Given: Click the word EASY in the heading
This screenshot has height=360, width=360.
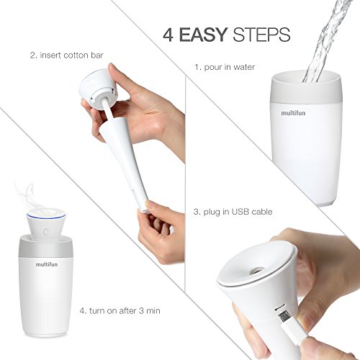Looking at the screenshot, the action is coord(203,35).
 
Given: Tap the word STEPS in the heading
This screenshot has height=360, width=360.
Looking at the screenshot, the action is coord(261,35).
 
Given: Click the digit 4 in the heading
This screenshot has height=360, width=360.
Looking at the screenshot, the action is coord(168,35).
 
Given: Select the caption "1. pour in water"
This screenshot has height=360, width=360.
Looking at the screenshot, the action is coord(225,67).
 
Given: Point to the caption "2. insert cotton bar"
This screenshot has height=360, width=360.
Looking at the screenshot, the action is coord(67,55).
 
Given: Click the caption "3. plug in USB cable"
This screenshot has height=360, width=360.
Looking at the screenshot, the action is coord(233,212).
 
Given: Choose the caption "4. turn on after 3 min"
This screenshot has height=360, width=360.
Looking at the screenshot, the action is coord(120,311).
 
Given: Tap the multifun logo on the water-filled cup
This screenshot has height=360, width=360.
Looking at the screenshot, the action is coord(293,113).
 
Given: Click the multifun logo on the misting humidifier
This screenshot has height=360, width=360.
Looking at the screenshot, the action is coord(47,264).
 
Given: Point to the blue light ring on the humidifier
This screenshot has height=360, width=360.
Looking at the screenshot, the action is coord(42,217).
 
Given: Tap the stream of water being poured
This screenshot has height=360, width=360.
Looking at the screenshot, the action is coord(326,41).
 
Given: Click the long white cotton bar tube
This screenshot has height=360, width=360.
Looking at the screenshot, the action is coord(124,158).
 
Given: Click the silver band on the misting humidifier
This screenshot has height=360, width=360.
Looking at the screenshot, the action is coord(46,250).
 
